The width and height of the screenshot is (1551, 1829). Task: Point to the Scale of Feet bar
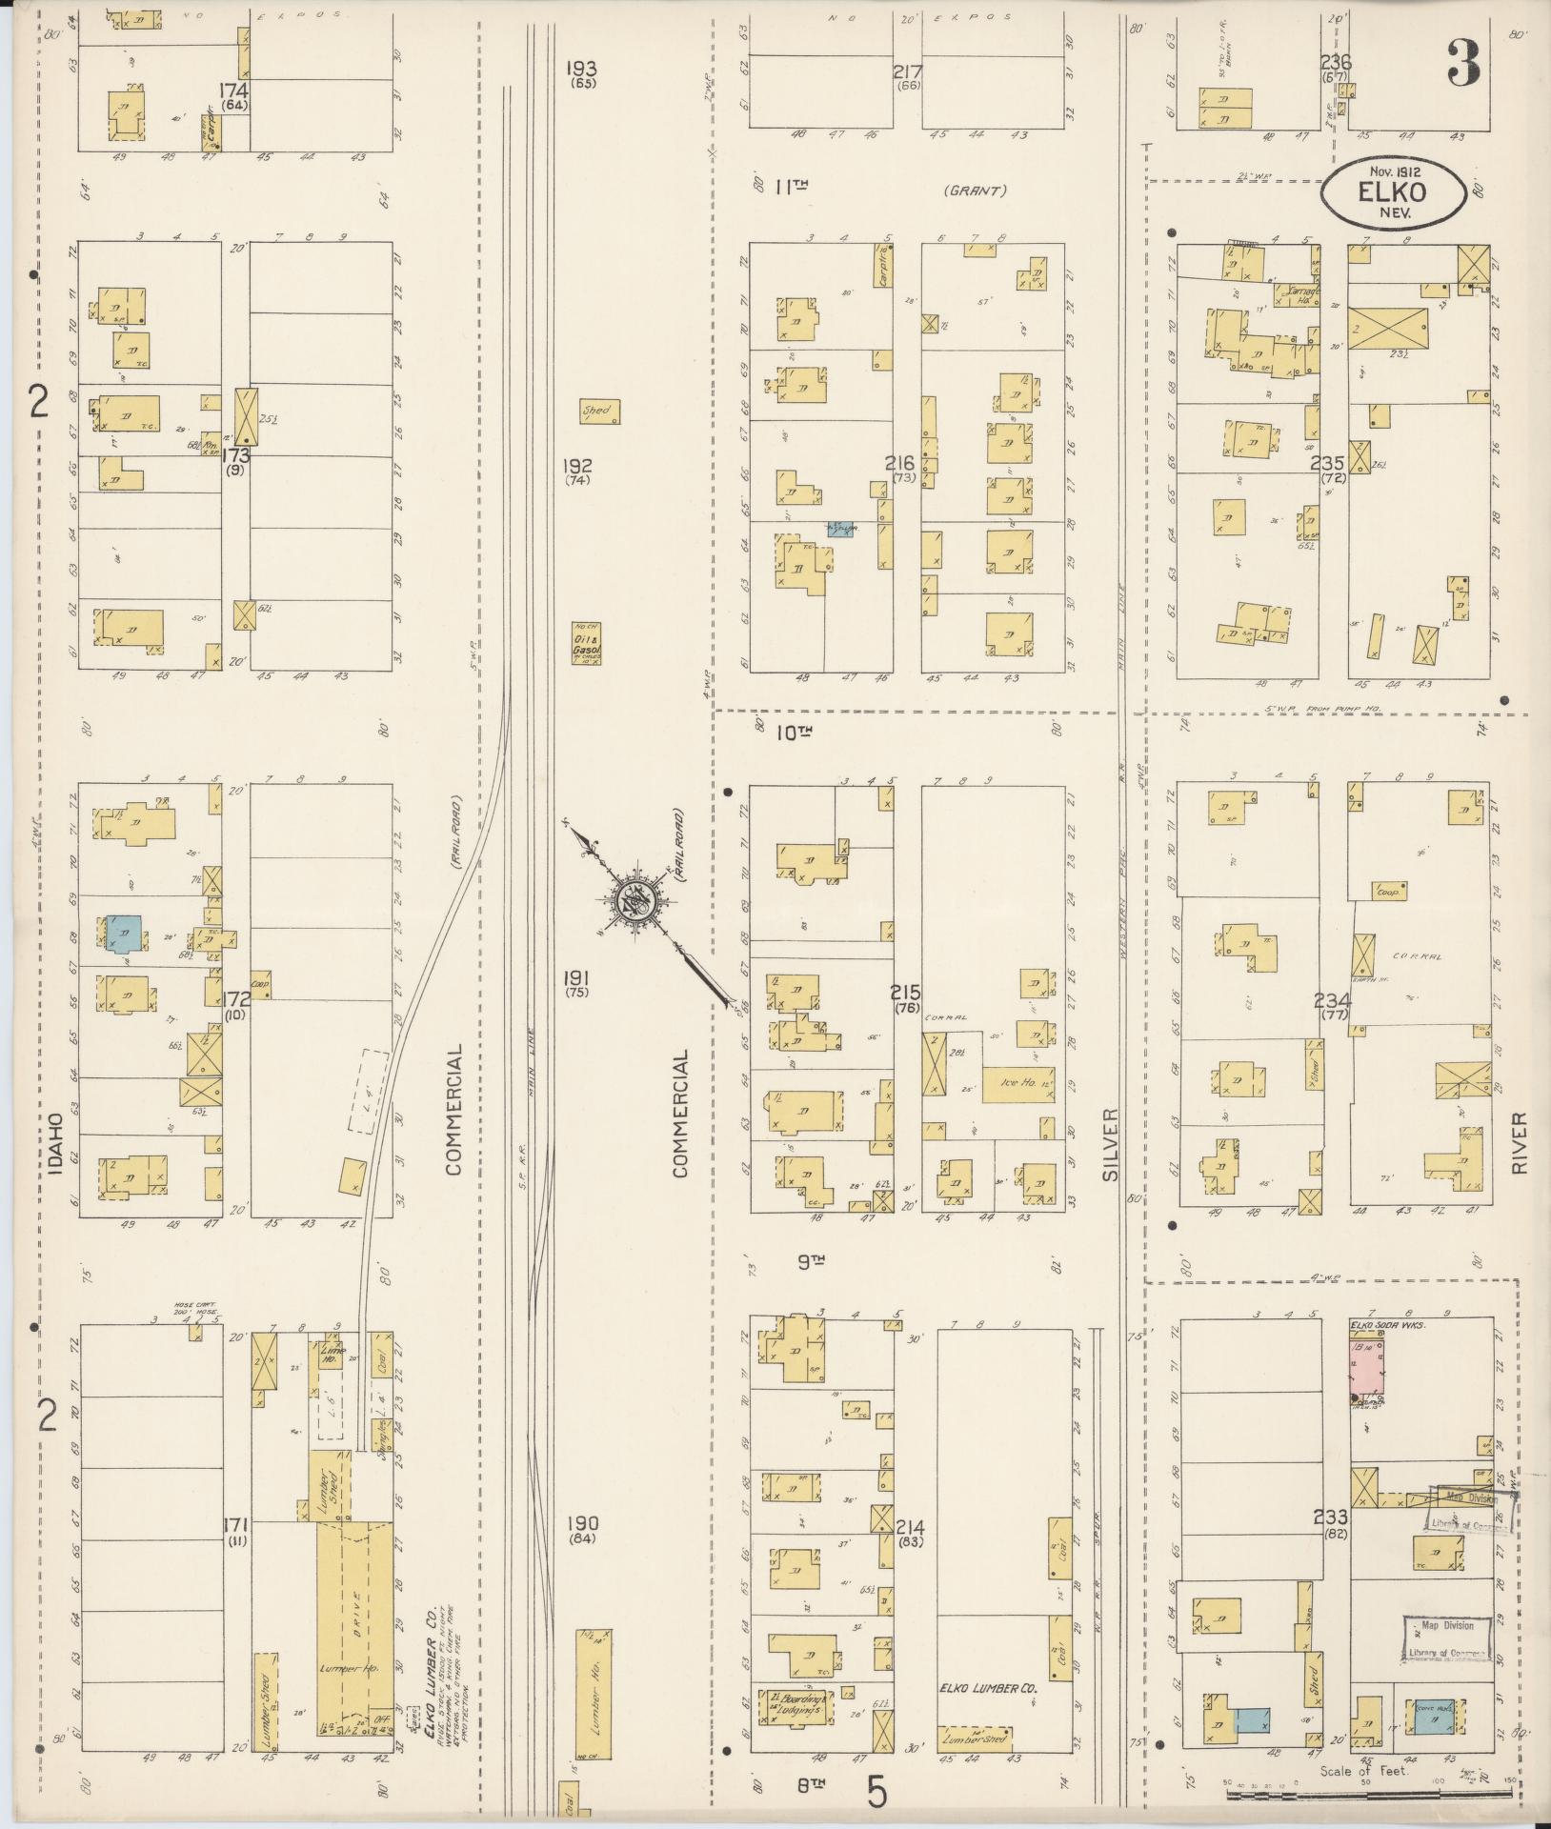(1368, 1794)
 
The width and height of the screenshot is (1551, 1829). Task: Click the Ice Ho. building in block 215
(1018, 1083)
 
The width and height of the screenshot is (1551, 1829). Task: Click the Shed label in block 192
(599, 412)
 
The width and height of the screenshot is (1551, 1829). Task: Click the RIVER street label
(1519, 1142)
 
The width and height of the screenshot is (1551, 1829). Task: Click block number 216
(899, 464)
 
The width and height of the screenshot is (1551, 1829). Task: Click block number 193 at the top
(581, 69)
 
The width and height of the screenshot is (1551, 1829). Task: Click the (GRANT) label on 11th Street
(975, 191)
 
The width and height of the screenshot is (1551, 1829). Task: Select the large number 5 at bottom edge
(877, 1793)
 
